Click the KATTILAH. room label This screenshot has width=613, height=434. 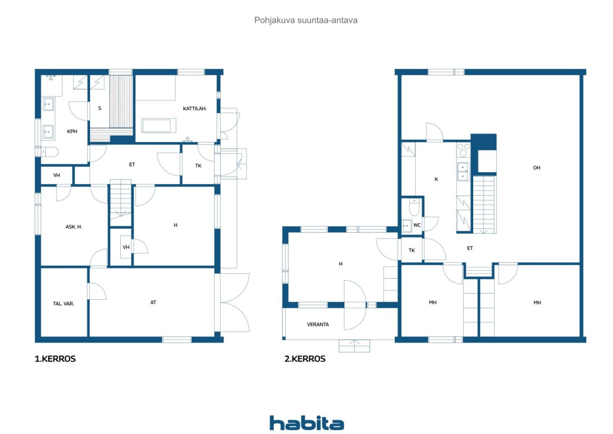194,109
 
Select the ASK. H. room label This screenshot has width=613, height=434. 74,226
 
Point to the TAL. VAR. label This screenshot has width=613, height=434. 63,304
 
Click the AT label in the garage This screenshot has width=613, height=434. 153,302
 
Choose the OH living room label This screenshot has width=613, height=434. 536,168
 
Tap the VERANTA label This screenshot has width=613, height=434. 318,324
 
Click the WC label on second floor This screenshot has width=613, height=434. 417,225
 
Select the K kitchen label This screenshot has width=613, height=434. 436,179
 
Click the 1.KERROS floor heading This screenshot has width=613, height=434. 55,359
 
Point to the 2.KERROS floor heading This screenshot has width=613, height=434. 305,359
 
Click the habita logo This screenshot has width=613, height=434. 306,423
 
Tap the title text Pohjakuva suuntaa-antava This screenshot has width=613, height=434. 306,21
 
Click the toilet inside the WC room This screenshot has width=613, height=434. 414,208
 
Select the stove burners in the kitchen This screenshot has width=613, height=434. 463,150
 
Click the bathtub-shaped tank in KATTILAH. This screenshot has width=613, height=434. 156,126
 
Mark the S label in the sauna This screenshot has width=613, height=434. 100,108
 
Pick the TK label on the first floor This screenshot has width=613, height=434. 198,165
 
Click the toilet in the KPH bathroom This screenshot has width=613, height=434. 50,152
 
